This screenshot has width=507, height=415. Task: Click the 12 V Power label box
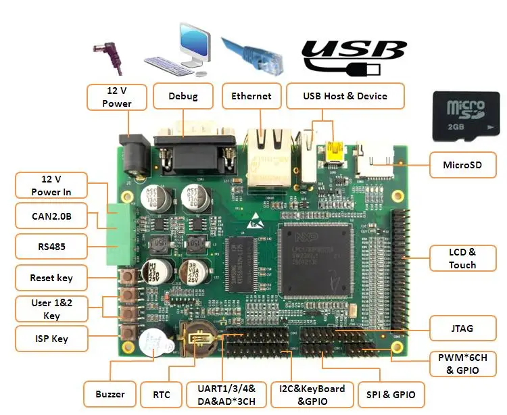(x=117, y=97)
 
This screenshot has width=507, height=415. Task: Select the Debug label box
(x=183, y=96)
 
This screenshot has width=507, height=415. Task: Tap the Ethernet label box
(x=251, y=96)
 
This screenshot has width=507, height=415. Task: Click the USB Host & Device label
(x=345, y=96)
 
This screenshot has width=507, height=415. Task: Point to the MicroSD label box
(x=462, y=164)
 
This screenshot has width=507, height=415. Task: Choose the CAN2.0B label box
(x=51, y=216)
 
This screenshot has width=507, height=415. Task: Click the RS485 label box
(x=51, y=247)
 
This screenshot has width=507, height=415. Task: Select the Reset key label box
(x=51, y=278)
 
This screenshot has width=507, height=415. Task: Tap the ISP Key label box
(x=51, y=339)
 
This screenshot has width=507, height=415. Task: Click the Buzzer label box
(x=110, y=394)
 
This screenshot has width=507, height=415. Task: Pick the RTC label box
(x=162, y=394)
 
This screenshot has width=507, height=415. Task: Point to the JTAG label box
(x=462, y=328)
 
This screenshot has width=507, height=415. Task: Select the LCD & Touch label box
(x=462, y=259)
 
